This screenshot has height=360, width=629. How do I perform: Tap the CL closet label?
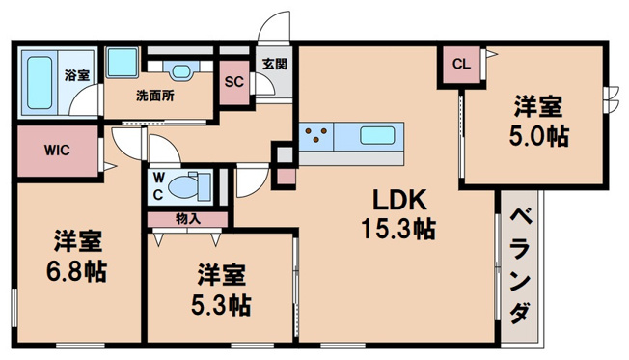(x=460, y=66)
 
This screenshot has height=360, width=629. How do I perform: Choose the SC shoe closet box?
(x=232, y=82)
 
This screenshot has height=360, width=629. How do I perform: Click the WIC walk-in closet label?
(x=55, y=151)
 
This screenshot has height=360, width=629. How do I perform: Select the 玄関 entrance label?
(x=274, y=64)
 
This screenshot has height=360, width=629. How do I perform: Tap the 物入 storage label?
(x=188, y=219)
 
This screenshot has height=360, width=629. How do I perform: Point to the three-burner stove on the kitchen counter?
(x=317, y=136)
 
